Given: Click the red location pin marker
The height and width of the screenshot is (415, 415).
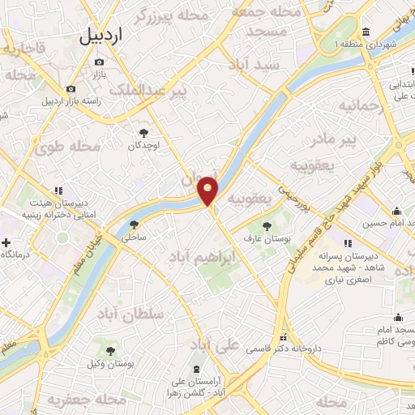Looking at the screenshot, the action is (208, 190).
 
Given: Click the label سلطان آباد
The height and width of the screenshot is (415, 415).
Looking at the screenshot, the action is (130, 313).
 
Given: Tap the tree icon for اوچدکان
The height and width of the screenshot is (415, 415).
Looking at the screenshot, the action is (143, 133).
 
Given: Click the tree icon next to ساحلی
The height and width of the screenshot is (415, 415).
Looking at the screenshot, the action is (134, 225).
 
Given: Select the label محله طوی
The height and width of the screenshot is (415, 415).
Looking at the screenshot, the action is (66, 148).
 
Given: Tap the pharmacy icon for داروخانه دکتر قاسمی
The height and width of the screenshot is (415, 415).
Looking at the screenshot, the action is (283, 337).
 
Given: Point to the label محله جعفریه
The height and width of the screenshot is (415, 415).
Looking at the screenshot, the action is (77, 400).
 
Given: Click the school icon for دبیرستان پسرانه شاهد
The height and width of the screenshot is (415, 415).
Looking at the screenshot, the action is (348, 242).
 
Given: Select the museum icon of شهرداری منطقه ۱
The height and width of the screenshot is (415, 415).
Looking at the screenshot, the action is (366, 32).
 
